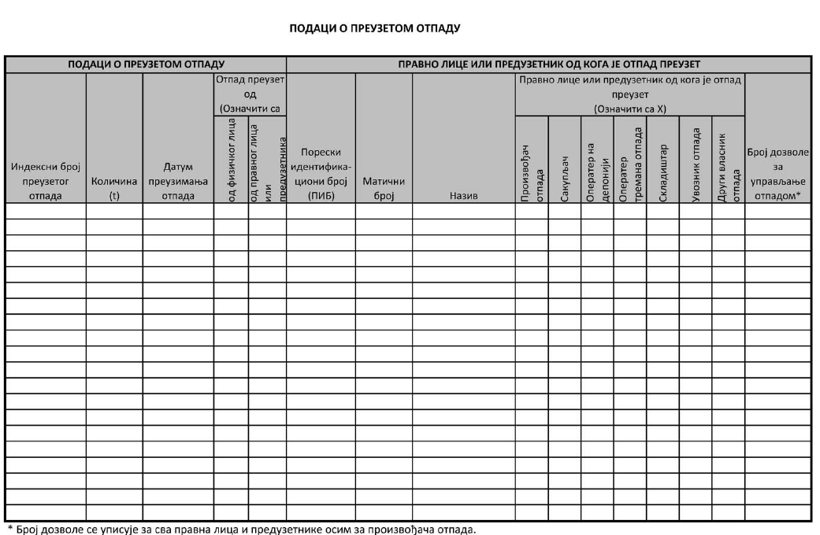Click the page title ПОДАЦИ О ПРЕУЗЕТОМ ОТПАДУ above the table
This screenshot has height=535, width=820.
click(375, 28)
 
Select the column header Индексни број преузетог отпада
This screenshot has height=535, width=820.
click(45, 181)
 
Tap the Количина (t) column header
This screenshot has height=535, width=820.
click(114, 188)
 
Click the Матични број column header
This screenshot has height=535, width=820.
click(384, 188)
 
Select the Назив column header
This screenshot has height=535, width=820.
click(463, 195)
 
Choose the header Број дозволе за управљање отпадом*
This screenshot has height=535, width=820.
click(777, 174)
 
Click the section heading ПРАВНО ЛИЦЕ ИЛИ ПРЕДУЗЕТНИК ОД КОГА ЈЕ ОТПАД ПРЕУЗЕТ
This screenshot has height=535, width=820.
click(548, 64)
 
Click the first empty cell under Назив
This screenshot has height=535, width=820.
click(463, 211)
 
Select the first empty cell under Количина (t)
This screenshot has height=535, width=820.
click(114, 211)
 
